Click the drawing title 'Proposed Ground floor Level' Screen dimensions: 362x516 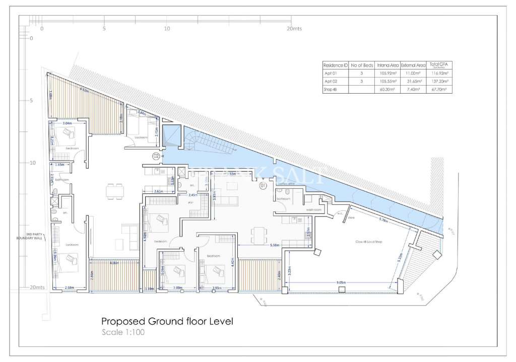[167, 321]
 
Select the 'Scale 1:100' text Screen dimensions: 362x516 [123, 332]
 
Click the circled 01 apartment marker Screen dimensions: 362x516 [263, 186]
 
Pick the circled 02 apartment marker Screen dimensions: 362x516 [156, 156]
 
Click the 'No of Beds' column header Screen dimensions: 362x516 [361, 65]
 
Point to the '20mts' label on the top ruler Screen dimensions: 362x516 [294, 29]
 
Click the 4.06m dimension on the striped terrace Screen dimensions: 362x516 [114, 262]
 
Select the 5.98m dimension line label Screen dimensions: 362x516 [275, 245]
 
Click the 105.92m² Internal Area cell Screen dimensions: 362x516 [388, 73]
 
